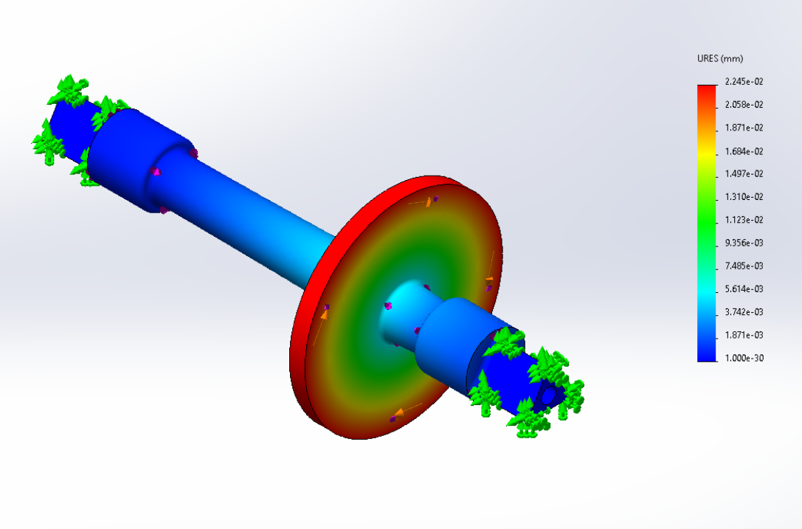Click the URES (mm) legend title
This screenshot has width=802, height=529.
719,58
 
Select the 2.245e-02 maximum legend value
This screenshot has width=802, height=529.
744,81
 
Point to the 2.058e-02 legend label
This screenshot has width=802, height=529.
744,104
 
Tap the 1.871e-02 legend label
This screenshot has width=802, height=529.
744,128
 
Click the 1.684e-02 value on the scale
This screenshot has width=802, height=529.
744,151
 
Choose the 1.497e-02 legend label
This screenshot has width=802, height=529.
744,173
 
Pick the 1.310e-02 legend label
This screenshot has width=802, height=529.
744,196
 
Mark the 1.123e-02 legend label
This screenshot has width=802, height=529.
744,219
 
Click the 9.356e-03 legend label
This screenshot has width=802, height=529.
744,243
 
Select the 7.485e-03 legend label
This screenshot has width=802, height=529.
744,266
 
